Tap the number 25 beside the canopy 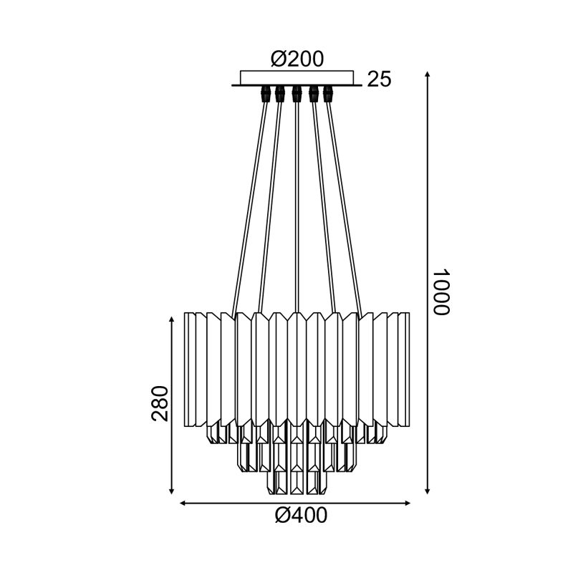(379, 80)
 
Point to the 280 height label (160, 403)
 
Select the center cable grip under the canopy (297, 94)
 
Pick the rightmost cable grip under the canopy (329, 94)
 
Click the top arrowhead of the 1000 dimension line (428, 75)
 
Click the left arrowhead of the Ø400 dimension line (182, 504)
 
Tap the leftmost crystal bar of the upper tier (190, 369)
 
